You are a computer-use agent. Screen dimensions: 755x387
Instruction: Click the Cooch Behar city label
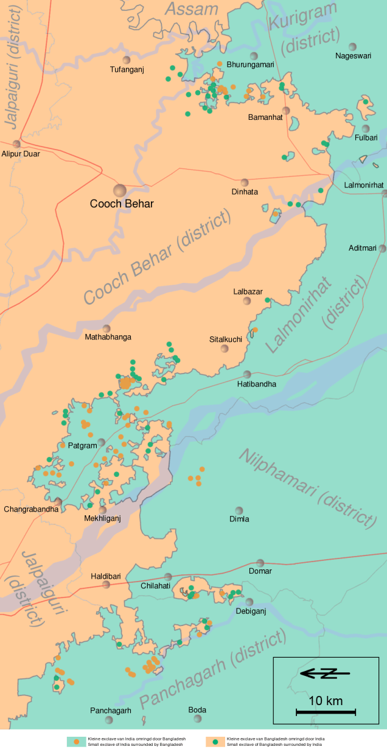point(122,204)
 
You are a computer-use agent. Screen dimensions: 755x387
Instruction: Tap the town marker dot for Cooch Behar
point(119,190)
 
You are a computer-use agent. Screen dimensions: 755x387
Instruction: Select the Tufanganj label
point(127,69)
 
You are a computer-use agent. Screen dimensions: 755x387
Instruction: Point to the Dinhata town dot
point(245,183)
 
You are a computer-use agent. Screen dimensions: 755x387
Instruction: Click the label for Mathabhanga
point(108,337)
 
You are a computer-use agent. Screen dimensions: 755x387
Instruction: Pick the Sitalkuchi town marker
point(225,349)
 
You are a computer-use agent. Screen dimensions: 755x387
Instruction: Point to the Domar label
point(260,571)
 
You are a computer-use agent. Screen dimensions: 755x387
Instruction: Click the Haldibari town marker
point(106,585)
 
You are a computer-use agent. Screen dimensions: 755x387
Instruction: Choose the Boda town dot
point(197,719)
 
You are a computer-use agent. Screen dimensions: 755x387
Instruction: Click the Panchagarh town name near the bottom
point(111,711)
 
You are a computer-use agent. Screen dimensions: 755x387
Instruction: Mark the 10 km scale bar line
point(326,712)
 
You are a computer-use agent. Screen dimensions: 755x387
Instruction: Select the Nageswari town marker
point(352,47)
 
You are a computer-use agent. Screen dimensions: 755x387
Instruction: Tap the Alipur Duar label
point(21,154)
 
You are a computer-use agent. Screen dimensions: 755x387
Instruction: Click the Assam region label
point(191,9)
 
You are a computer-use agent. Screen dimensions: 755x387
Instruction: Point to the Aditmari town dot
point(382,248)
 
